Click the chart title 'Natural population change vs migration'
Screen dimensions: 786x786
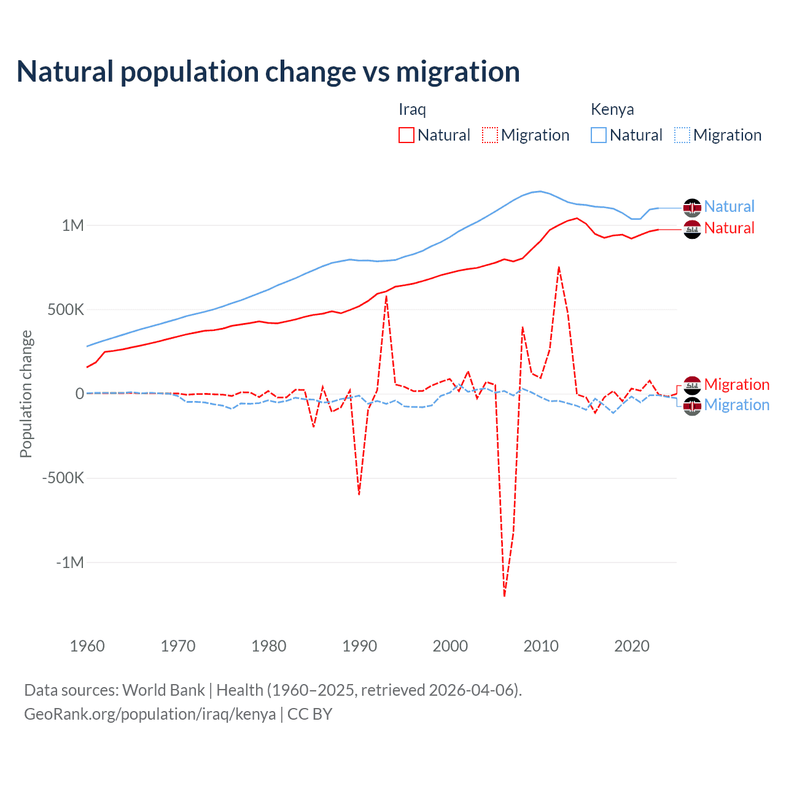click(x=268, y=72)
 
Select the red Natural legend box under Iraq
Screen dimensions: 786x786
click(x=407, y=135)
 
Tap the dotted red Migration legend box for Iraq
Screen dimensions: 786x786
click(x=490, y=135)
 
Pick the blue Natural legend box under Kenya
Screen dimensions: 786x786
click(x=599, y=135)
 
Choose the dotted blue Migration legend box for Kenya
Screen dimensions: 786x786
click(x=682, y=135)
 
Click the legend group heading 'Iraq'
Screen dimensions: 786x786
click(x=412, y=109)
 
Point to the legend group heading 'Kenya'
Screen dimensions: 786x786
click(x=612, y=109)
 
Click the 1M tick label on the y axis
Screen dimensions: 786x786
click(x=72, y=225)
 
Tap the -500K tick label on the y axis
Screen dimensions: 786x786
click(x=63, y=478)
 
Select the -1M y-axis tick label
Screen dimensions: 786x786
click(x=70, y=562)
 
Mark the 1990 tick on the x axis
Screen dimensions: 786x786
click(x=359, y=646)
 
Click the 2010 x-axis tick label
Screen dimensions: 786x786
click(x=541, y=646)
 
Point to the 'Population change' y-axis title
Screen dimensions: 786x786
click(x=26, y=394)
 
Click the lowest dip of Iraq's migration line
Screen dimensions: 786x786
click(x=504, y=595)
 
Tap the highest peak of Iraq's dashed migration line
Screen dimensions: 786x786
click(x=559, y=267)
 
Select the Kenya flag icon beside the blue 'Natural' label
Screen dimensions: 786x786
click(x=692, y=208)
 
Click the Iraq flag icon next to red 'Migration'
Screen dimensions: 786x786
click(x=692, y=385)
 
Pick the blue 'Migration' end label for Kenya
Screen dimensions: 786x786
click(x=736, y=405)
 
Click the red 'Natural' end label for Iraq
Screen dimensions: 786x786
click(x=729, y=228)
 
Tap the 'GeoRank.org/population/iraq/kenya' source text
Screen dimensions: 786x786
click(x=150, y=714)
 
